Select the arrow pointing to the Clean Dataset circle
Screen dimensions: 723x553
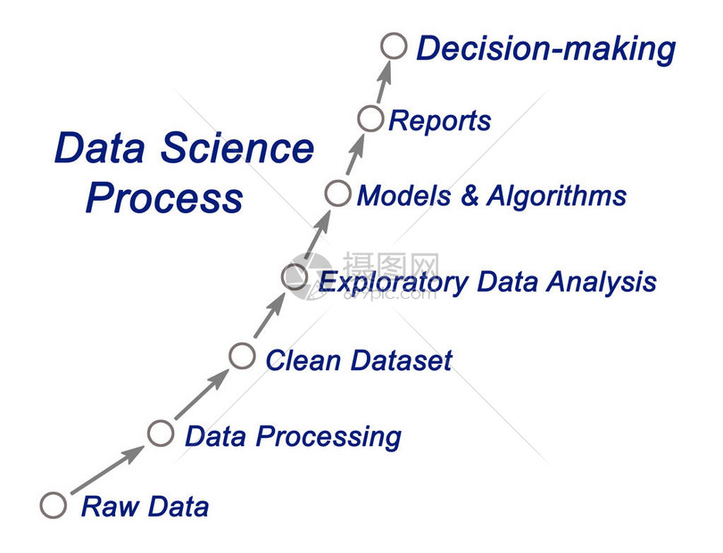[202, 393]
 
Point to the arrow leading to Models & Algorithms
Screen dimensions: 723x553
[317, 234]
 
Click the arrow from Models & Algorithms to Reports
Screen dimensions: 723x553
[355, 154]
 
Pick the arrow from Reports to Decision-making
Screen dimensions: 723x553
[384, 81]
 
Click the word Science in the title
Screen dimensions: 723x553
[237, 148]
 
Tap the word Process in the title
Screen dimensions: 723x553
[164, 197]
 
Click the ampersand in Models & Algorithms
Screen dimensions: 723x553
[470, 195]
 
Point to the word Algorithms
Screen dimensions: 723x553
[557, 195]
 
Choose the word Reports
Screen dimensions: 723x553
[440, 120]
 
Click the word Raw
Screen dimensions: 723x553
[110, 506]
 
